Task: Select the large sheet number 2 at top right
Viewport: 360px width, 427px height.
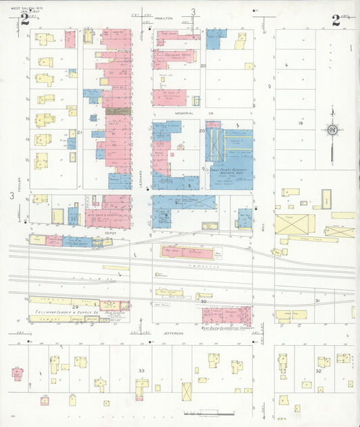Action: tap(336, 20)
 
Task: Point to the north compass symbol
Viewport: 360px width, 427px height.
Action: tap(332, 130)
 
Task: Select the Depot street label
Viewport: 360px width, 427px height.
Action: tap(110, 232)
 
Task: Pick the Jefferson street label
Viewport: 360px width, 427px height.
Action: tap(172, 332)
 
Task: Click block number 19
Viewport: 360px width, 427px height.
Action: tap(301, 124)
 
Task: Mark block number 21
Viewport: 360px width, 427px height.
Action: tap(79, 132)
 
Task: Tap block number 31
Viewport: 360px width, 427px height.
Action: tap(317, 300)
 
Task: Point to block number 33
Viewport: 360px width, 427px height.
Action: tap(140, 371)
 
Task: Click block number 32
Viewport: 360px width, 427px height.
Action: tap(317, 371)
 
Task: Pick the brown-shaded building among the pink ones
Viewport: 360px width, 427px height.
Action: tap(118, 111)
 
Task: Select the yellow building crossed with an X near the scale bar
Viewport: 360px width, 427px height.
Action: tap(186, 391)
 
